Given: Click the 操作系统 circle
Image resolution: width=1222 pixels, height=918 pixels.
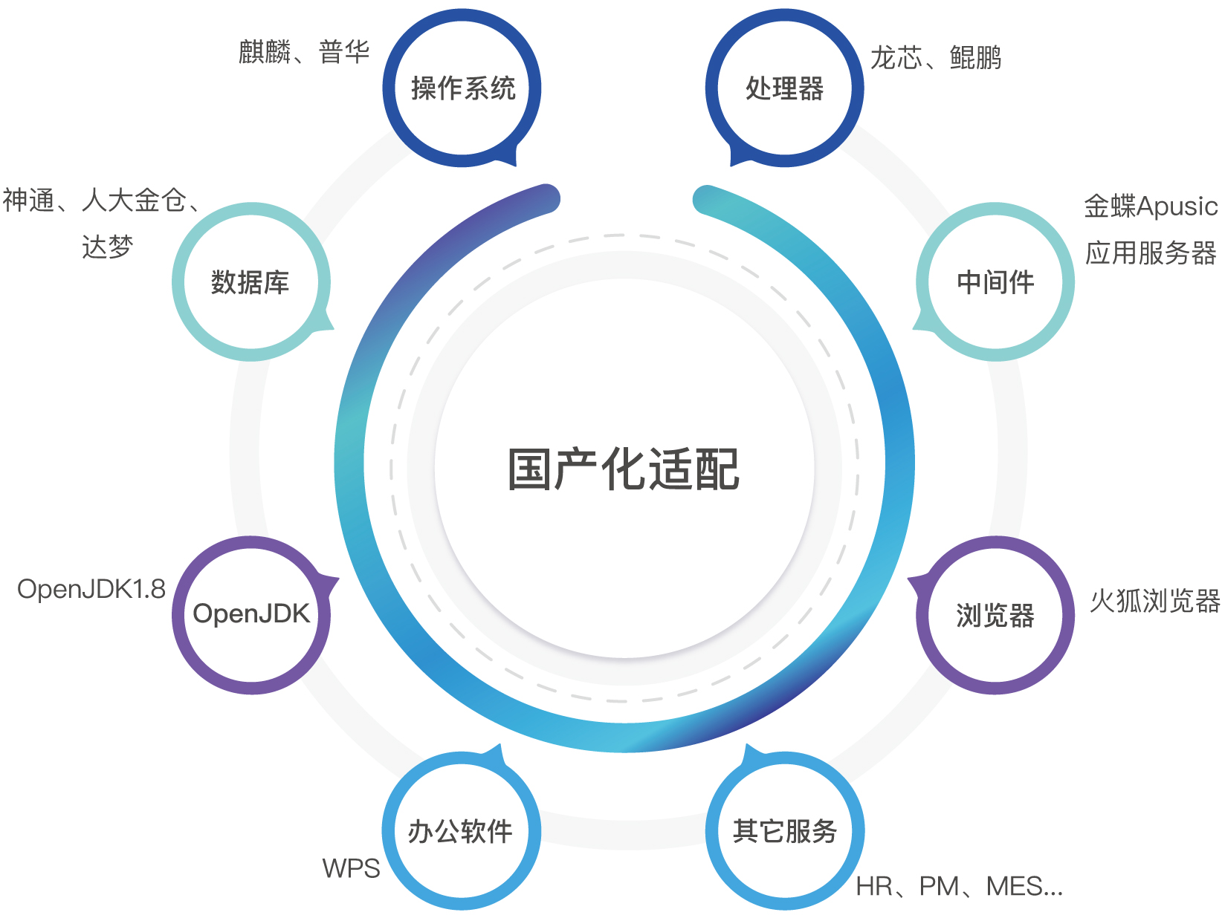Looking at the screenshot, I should point(462,88).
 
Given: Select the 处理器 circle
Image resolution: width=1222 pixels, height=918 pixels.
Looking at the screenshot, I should point(785,88).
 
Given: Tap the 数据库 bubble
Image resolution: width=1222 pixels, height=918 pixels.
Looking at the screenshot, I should point(250,282).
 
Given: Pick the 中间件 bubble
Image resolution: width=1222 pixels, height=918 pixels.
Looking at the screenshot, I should point(995,282).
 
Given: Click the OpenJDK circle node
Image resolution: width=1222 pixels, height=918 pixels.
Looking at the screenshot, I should point(250,614).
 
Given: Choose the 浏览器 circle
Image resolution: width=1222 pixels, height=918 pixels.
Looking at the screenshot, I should point(995,615).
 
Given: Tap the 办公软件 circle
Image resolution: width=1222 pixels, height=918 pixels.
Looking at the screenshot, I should point(461,831).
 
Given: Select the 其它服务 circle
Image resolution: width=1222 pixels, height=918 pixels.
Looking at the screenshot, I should point(785,831).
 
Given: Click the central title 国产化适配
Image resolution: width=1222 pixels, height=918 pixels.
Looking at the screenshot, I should point(624,469).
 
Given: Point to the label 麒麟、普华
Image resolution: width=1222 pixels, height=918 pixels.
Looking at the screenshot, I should point(304,52).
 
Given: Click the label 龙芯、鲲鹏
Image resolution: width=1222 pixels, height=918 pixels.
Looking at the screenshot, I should point(936,57).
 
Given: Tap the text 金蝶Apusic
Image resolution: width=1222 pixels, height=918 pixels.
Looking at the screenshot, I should point(1151,206).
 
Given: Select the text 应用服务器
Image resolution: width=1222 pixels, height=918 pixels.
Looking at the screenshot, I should point(1151,253).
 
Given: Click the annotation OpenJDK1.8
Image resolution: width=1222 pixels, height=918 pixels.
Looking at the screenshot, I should point(91,589).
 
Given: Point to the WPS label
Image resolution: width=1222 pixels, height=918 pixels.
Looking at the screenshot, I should point(351,868).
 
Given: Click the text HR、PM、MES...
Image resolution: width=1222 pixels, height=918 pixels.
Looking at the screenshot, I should point(959,886).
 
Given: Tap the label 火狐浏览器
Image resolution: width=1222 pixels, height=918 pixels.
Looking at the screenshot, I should point(1155,601).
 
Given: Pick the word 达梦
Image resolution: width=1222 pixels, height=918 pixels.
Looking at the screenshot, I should point(108,247).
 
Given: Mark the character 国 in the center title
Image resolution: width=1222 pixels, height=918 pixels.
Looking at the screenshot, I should point(530,469).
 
